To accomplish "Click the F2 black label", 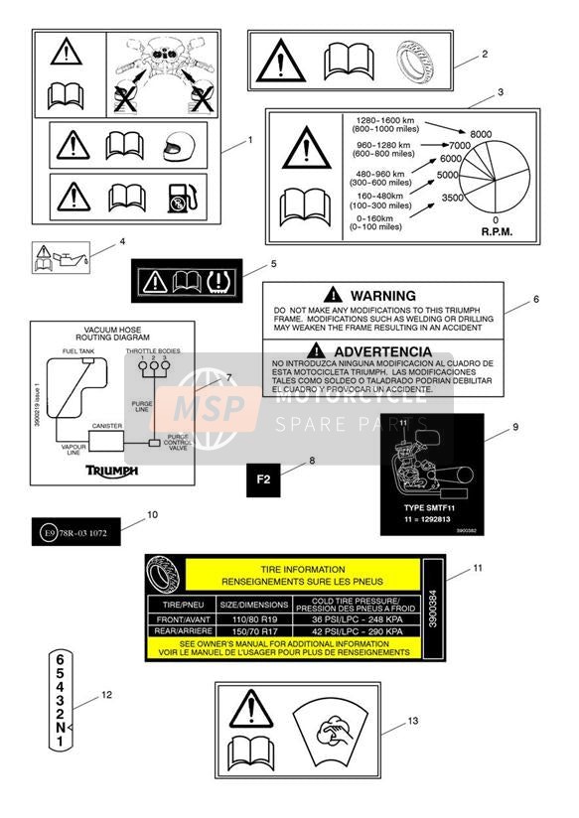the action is [x=263, y=479].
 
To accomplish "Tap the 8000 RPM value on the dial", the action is [x=481, y=134].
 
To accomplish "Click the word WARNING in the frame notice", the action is [x=382, y=296].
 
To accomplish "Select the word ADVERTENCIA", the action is [x=382, y=351].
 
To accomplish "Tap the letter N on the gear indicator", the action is [x=60, y=728].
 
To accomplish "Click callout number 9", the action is [x=515, y=427].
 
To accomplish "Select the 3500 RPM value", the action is [x=452, y=198].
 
